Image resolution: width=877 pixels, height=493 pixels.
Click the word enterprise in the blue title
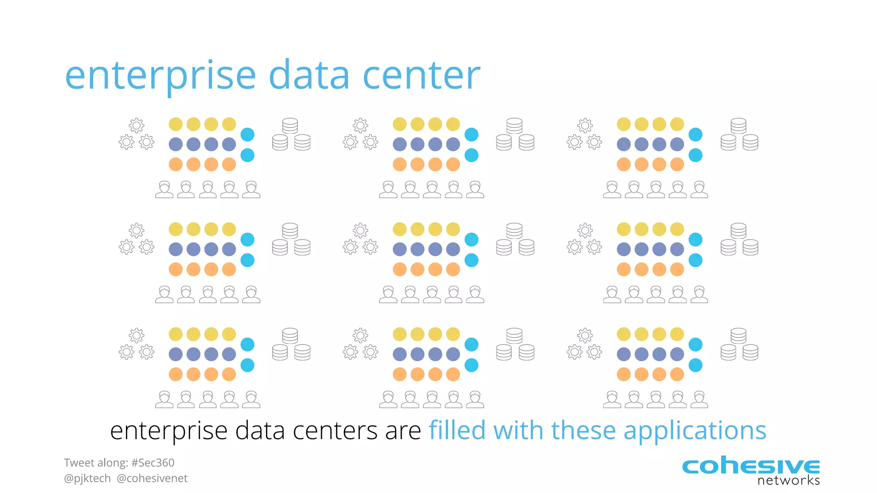pos(160,76)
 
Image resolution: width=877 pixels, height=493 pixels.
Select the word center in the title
pos(421,75)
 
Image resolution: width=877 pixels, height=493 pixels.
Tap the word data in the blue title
pos(309,75)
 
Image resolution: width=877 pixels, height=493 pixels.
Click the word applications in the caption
pos(695,431)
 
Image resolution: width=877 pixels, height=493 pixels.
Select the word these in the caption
pos(583,430)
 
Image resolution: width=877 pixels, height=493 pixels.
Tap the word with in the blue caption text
pos(518,430)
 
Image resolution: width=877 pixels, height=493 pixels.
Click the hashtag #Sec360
pos(153,463)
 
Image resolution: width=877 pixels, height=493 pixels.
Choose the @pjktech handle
pos(87,478)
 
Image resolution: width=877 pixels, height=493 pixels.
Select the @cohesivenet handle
pos(152,478)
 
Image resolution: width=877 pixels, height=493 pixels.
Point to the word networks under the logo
pos(788,481)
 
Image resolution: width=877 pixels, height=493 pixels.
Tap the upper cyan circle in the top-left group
pos(248,134)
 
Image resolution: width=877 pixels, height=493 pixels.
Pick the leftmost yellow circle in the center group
pos(400,229)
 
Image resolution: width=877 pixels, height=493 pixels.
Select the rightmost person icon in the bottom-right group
pos(699,399)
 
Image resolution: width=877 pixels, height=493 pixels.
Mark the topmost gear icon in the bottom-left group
pos(137,335)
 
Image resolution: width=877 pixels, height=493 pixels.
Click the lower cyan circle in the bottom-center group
pos(471,365)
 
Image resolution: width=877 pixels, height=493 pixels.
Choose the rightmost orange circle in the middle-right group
pos(677,269)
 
